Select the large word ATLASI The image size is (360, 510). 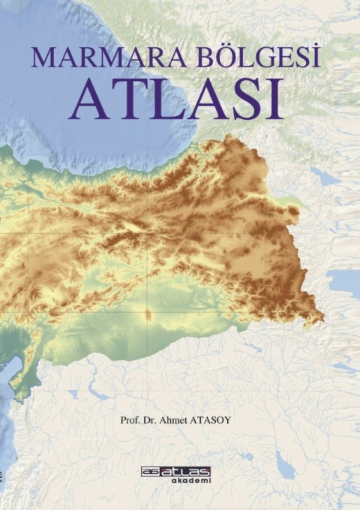178,98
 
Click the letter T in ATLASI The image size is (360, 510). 119,99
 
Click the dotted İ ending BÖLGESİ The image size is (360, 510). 314,57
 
